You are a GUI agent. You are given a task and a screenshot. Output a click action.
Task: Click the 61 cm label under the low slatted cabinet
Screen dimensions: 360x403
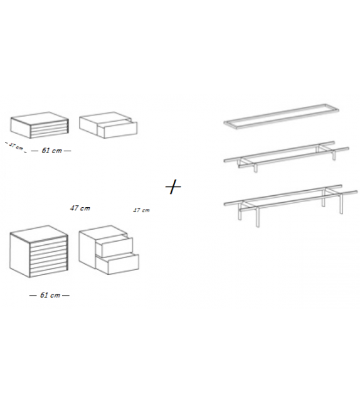[51, 151]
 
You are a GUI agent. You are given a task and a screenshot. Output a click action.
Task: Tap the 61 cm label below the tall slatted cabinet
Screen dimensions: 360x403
[50, 295]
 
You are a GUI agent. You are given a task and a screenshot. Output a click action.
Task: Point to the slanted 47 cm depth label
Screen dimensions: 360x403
[16, 146]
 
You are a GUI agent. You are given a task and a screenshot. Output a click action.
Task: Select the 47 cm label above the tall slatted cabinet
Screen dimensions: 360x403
[80, 208]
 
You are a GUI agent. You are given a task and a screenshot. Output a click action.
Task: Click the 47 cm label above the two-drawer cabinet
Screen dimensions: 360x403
[141, 210]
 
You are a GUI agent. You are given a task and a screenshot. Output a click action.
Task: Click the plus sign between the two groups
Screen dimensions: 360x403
[173, 186]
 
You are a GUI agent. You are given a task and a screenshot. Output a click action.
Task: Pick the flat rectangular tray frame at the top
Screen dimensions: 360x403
[281, 116]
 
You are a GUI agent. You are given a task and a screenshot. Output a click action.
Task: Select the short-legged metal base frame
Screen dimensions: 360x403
[286, 156]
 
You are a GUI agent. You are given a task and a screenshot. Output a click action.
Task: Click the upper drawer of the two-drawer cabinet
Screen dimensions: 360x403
[114, 245]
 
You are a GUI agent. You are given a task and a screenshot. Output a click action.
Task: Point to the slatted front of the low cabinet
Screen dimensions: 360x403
[49, 130]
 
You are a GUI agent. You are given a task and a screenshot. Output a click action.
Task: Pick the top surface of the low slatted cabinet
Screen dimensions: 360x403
[40, 116]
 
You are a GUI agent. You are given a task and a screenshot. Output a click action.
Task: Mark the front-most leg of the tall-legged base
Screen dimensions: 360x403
[257, 217]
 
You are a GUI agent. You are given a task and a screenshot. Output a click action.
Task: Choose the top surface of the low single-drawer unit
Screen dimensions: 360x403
[105, 116]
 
